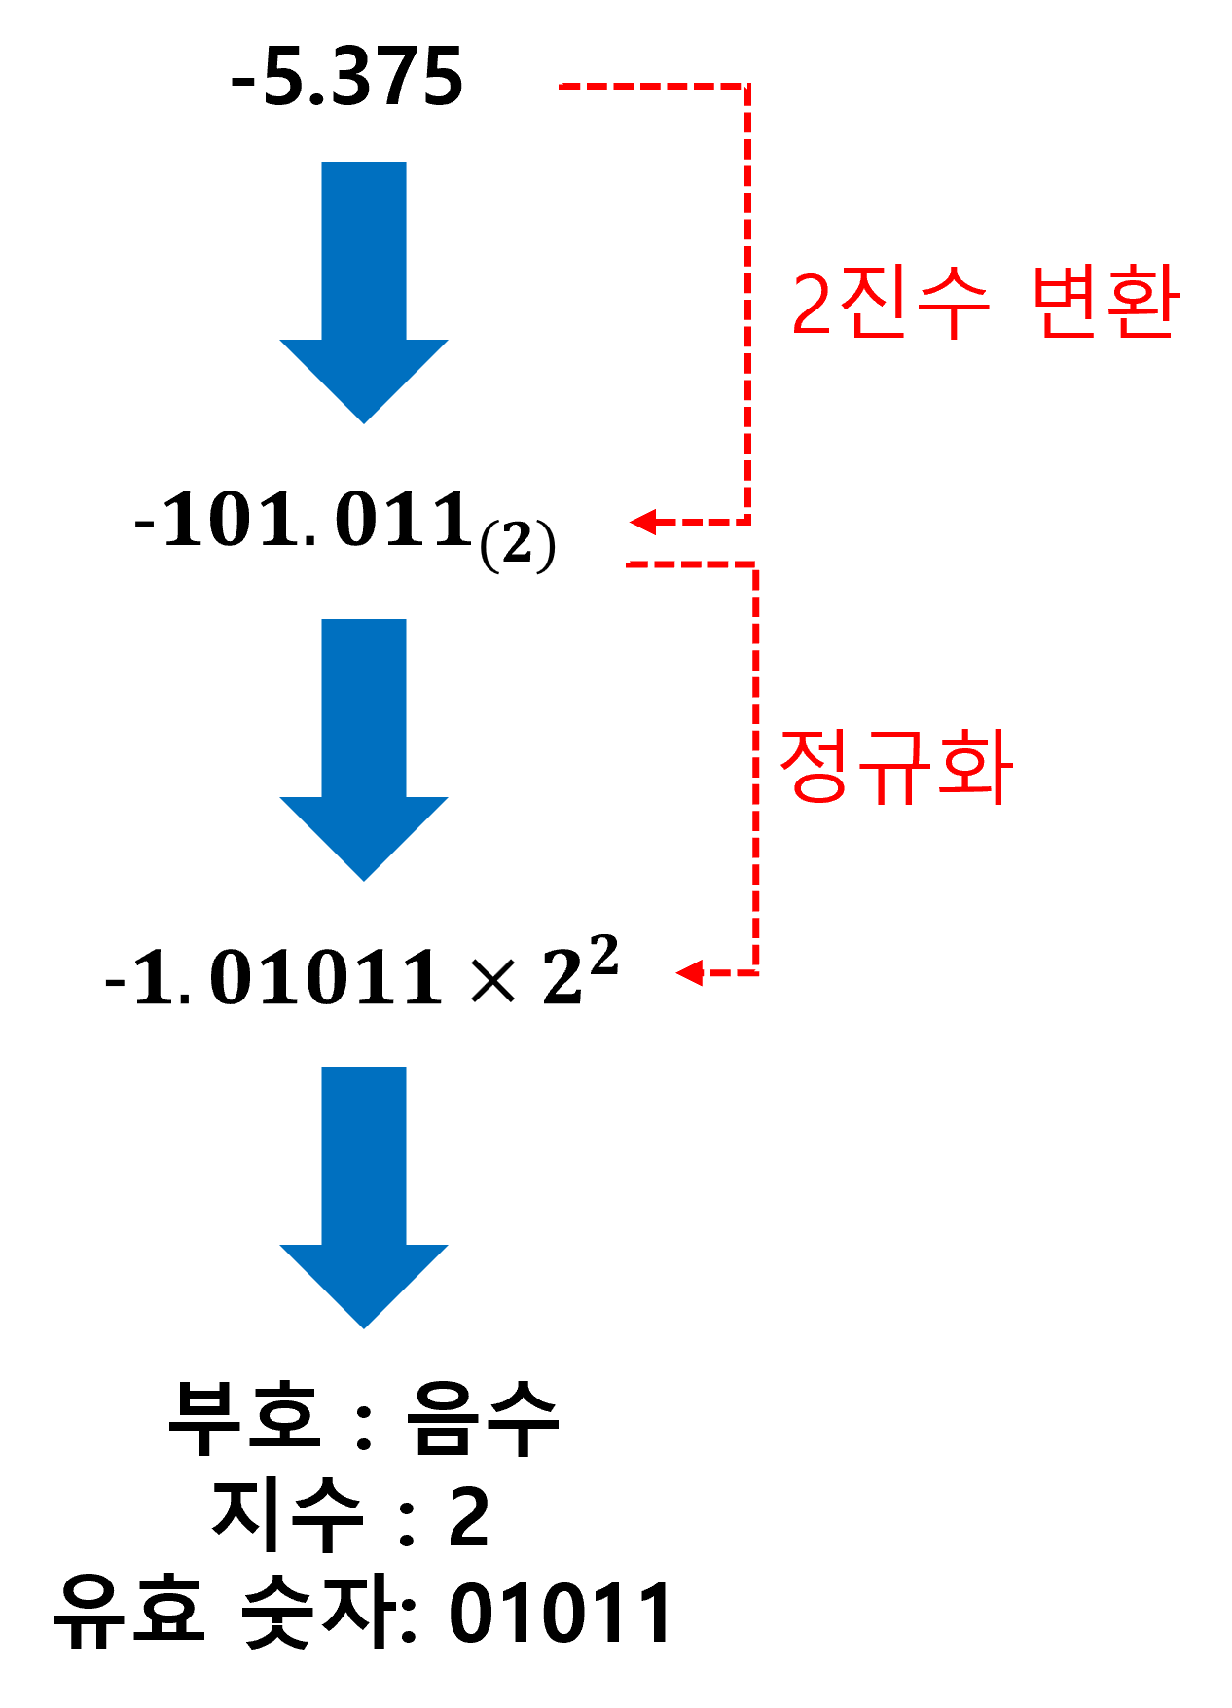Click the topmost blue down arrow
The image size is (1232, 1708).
pyautogui.click(x=364, y=282)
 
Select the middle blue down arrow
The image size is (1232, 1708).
pyautogui.click(x=364, y=740)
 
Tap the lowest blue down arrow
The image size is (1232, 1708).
pyautogui.click(x=364, y=1187)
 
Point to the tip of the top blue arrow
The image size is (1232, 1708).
pyautogui.click(x=364, y=420)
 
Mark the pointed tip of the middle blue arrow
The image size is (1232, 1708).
pyautogui.click(x=364, y=878)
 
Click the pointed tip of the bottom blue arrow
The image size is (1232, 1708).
pyautogui.click(x=364, y=1326)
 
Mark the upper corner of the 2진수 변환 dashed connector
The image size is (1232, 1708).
pyautogui.click(x=747, y=87)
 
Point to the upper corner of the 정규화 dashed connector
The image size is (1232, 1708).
pyautogui.click(x=756, y=564)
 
